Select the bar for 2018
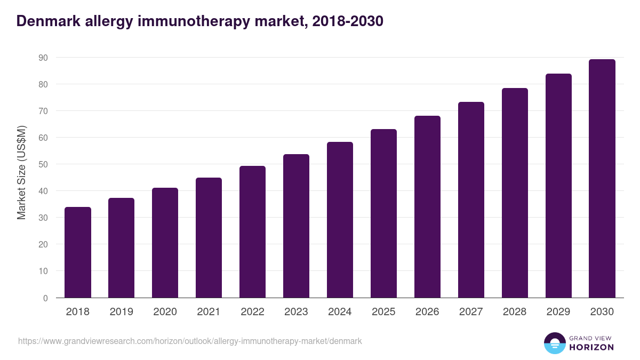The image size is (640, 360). pos(78,252)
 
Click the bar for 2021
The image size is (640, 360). pos(209,238)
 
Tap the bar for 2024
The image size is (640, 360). pos(340,220)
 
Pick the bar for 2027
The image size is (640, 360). pos(471,200)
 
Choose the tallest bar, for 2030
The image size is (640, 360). pos(602,179)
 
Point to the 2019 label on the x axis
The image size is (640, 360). pos(122,312)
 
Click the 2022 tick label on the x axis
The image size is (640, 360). pos(252,312)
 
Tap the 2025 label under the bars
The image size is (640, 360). pos(383,312)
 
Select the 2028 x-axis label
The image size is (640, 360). pos(515,312)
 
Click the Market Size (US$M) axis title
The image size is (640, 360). pos(22,172)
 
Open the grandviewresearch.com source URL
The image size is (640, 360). pos(190,341)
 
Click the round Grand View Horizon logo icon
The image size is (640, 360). pos(555,343)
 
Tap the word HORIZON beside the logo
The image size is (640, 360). pos(591,347)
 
